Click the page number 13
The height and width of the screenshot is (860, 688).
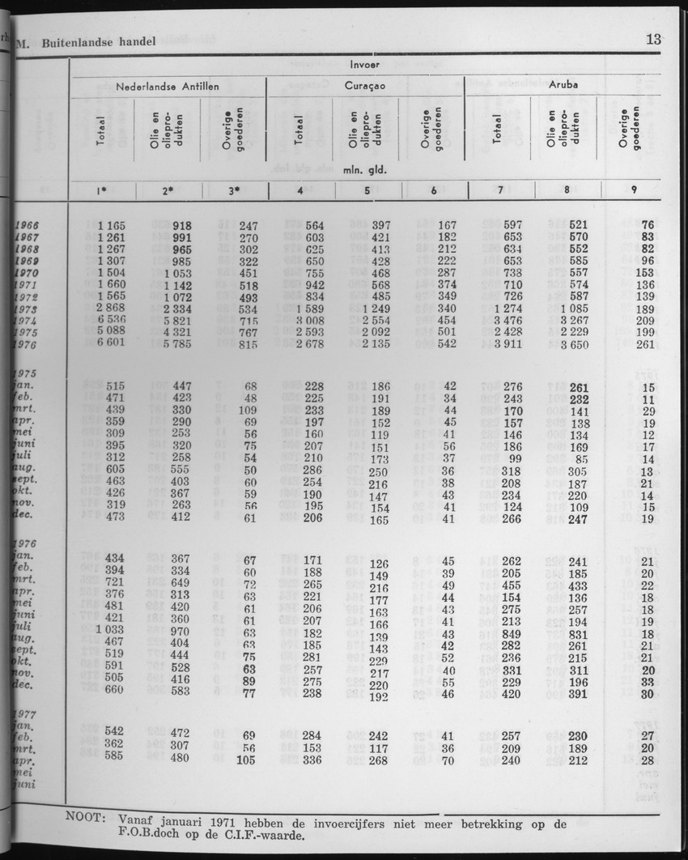point(654,38)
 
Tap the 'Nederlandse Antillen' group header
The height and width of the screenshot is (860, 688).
point(168,85)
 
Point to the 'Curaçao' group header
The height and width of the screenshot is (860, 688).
point(366,84)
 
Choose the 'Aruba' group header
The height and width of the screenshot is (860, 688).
point(564,83)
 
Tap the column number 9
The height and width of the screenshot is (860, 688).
point(634,190)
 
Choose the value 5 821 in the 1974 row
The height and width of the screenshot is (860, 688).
point(172,321)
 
